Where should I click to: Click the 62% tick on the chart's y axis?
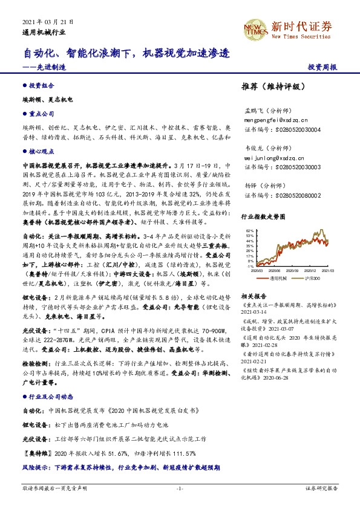(x=249, y=231)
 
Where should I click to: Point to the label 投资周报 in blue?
(x=323, y=67)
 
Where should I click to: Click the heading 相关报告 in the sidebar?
(x=254, y=297)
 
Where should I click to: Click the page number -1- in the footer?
(x=179, y=504)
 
